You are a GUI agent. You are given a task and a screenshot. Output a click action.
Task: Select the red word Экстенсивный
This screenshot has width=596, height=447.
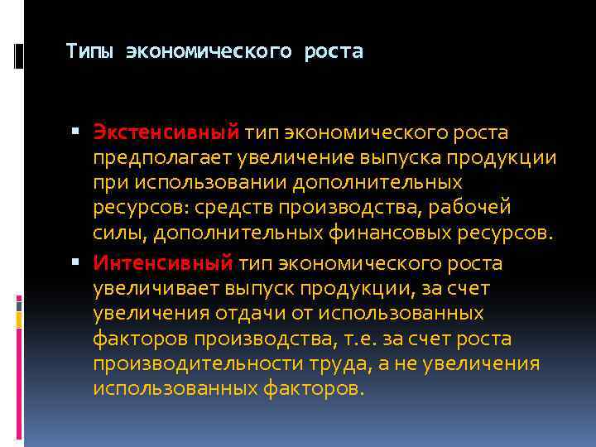[166, 132]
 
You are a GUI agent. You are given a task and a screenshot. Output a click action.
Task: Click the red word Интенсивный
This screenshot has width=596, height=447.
[163, 264]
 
